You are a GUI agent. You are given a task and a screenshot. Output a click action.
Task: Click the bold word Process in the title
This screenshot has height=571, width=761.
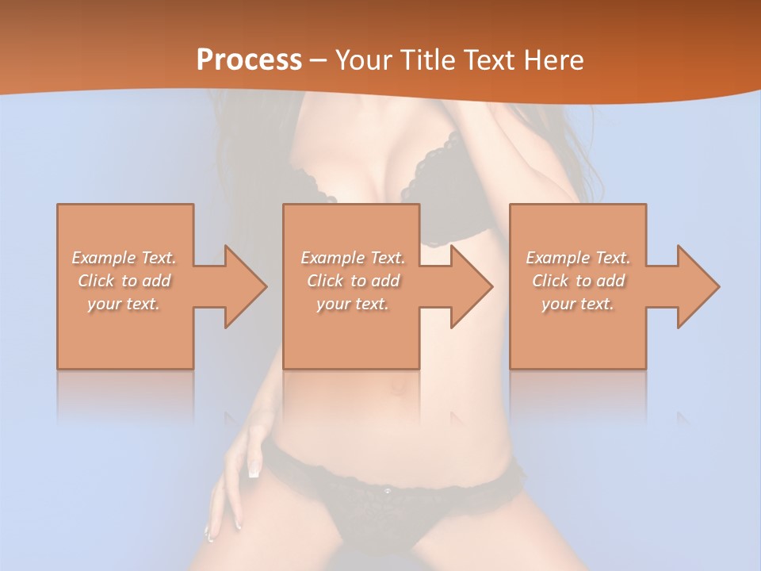coord(249,59)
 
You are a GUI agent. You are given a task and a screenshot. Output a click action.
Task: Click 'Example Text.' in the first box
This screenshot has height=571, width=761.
coord(124,258)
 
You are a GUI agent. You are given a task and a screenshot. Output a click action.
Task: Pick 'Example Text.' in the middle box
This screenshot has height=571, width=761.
coord(353,258)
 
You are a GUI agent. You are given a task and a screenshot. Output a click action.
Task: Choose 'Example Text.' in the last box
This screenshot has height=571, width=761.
coord(578,258)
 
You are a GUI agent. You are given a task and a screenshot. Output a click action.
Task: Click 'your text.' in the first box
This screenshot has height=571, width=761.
coord(124,304)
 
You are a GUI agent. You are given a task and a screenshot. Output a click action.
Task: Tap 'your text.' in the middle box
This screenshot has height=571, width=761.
coord(353,304)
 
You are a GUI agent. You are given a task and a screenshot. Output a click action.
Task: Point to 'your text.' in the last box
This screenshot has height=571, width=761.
coord(578,304)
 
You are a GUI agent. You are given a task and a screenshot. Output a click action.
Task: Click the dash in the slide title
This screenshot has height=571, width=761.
coord(318,60)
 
